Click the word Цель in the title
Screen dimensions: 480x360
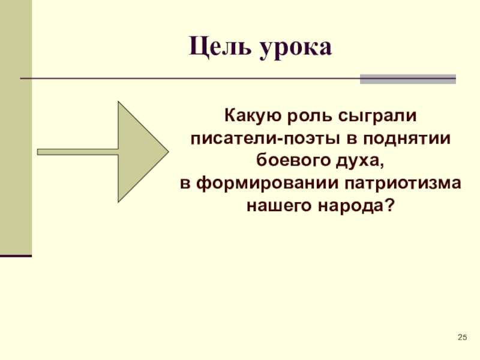point(219,46)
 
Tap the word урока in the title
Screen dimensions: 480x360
point(296,48)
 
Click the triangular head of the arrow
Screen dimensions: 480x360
point(140,152)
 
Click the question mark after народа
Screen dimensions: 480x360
point(391,206)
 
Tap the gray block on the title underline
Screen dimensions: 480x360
point(407,79)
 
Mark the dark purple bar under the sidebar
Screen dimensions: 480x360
point(16,256)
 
